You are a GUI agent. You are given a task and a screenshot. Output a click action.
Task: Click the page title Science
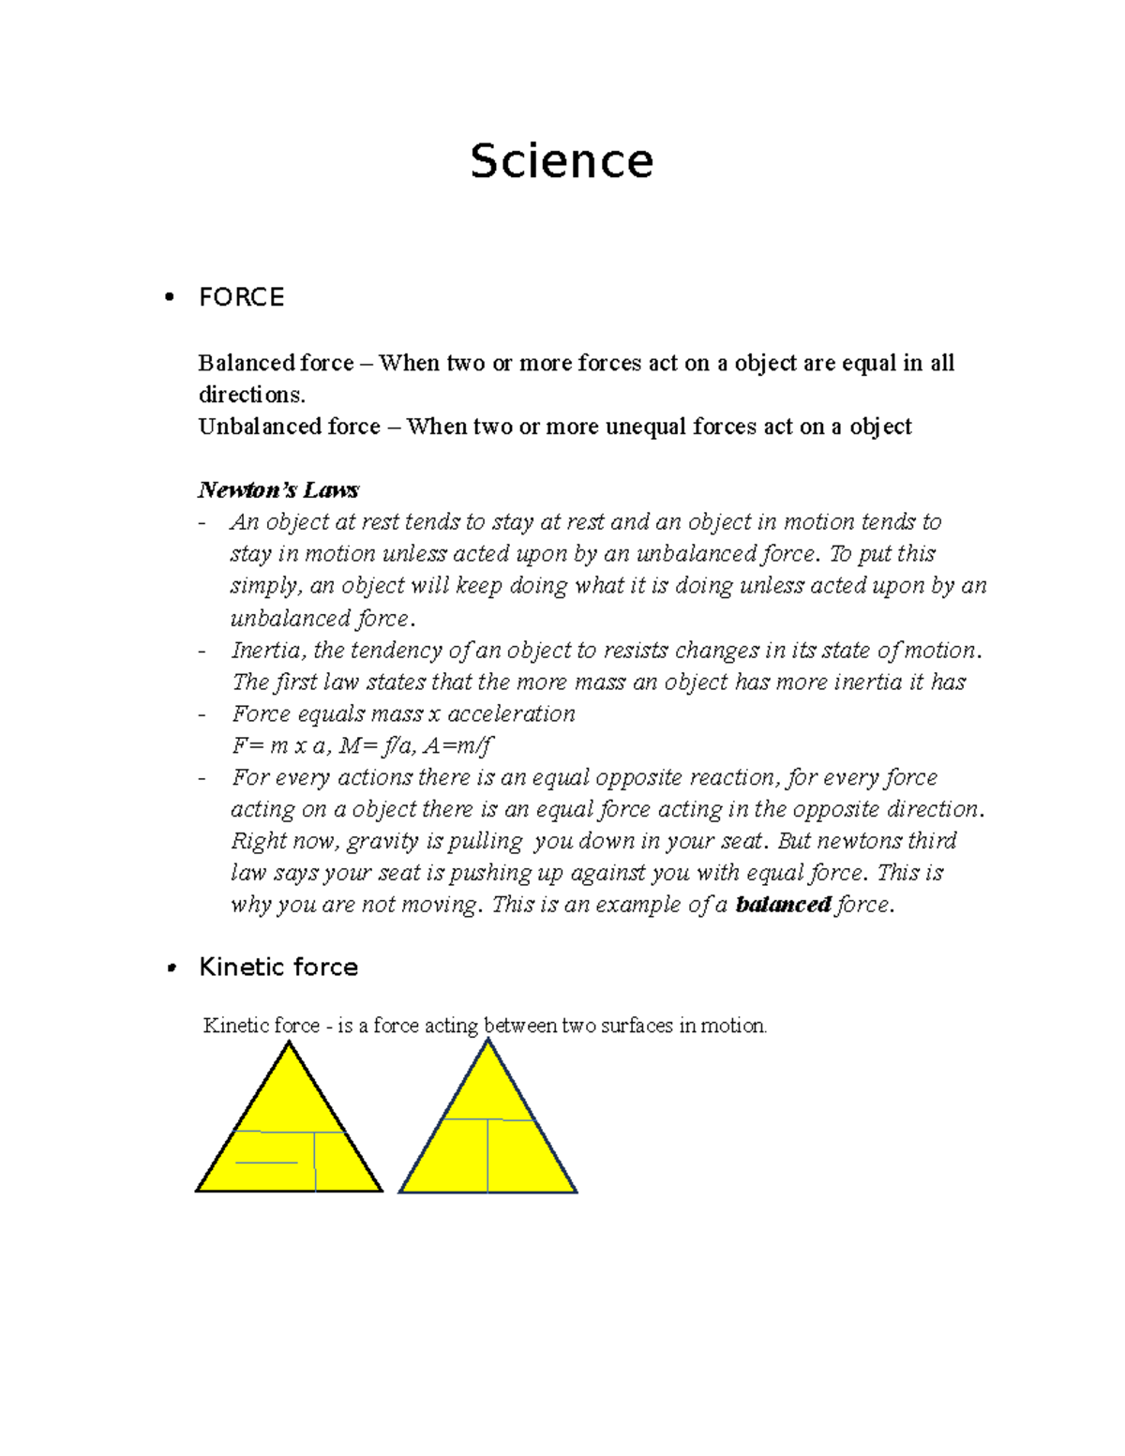point(561,161)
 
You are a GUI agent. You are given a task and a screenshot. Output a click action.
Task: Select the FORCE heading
point(241,297)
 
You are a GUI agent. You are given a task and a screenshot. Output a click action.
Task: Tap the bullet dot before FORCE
point(170,297)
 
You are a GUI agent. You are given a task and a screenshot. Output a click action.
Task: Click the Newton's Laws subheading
point(278,490)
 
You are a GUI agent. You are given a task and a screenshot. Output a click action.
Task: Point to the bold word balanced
point(783,905)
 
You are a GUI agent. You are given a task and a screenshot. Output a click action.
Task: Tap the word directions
point(250,395)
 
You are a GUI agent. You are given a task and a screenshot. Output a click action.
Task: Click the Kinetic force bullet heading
point(278,968)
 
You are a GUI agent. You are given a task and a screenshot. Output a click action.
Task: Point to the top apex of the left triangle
point(290,1044)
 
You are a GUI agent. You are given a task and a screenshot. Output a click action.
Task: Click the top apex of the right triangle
point(487,1041)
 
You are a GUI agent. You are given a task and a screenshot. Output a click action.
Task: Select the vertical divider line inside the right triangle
point(487,1155)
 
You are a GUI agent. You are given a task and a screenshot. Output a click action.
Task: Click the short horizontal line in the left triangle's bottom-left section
point(266,1163)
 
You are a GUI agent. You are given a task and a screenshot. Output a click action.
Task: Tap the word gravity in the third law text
point(382,841)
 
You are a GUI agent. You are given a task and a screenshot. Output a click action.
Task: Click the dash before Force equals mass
point(202,714)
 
